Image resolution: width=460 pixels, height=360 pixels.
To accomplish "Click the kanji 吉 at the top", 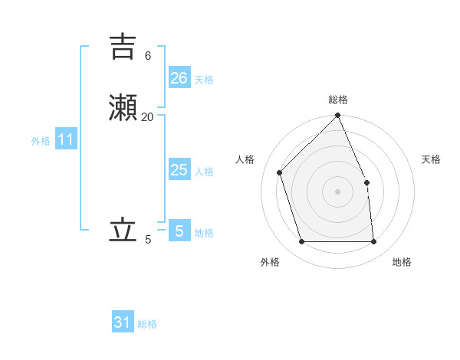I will click(x=123, y=47).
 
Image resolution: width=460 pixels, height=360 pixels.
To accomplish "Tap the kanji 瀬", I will click(x=123, y=107).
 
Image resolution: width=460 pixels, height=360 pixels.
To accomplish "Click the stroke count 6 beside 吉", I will click(x=148, y=56).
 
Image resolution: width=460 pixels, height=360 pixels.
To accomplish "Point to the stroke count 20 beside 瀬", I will click(x=148, y=116).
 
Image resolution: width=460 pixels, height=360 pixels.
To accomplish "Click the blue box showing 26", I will click(x=179, y=77).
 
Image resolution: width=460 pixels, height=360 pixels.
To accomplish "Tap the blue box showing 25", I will click(x=179, y=169).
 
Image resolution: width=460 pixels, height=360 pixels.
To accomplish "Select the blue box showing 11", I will click(x=66, y=139).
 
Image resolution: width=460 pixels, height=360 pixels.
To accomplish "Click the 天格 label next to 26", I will click(x=204, y=80).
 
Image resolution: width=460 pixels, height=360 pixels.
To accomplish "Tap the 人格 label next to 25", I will click(x=204, y=172).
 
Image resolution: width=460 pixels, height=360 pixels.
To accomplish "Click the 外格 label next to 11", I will click(x=41, y=141).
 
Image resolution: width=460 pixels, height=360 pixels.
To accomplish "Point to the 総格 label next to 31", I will click(x=147, y=325).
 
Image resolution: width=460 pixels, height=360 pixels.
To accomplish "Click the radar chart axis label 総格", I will click(x=338, y=100).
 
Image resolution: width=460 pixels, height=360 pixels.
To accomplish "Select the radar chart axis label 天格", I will click(x=431, y=159).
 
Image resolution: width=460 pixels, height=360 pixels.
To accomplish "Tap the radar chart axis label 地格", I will click(x=402, y=262).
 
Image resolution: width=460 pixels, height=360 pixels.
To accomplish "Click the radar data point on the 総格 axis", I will click(x=338, y=116).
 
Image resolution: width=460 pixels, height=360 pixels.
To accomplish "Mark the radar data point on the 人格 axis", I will click(x=280, y=172).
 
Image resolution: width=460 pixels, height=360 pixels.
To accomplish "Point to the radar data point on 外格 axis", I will click(x=302, y=242).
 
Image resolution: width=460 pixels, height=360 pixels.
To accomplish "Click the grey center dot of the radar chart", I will click(x=338, y=191).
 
